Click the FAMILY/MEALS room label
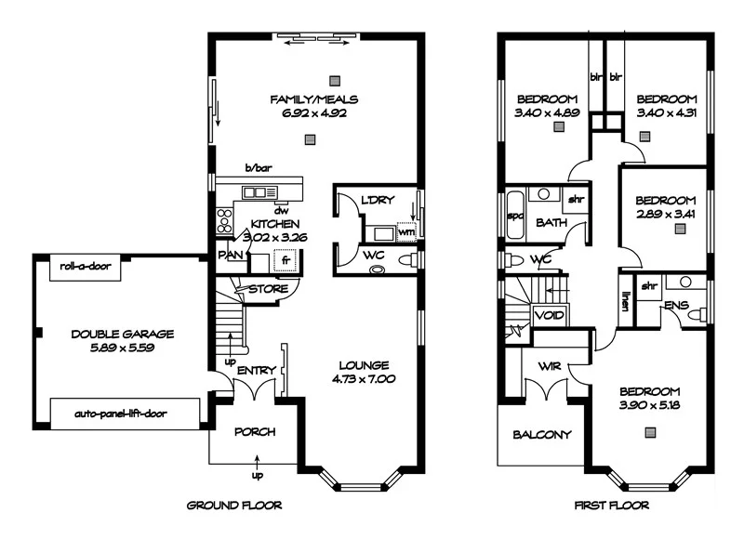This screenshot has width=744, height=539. click(313, 99)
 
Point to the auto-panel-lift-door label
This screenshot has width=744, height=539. click(121, 414)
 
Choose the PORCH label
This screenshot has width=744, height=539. click(254, 432)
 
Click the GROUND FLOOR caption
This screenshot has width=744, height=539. click(234, 506)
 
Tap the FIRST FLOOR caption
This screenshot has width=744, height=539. click(611, 506)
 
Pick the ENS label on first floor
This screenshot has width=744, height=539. click(674, 304)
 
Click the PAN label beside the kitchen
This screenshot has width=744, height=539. click(230, 253)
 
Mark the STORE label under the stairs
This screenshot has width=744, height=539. click(268, 289)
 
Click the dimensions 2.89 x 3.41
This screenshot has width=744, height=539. click(665, 215)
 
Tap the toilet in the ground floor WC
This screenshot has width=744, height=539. click(378, 269)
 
